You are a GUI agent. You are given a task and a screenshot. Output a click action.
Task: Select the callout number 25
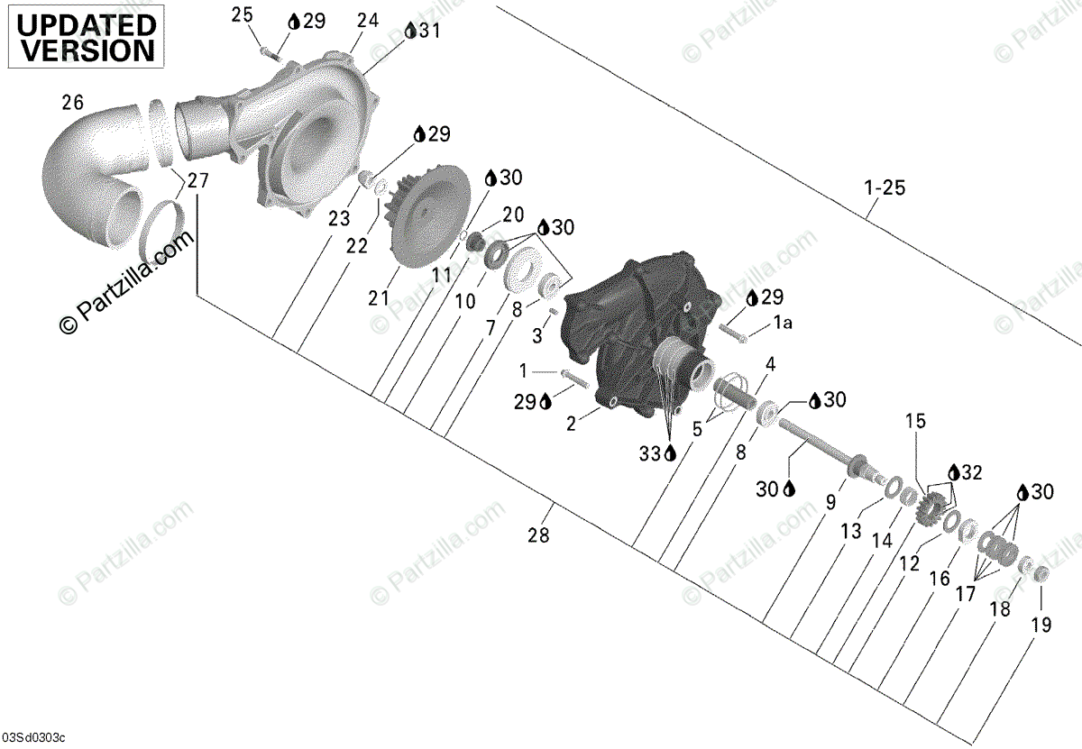click(243, 14)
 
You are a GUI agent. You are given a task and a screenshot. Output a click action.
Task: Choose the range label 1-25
click(884, 189)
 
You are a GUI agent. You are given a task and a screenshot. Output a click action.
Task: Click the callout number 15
click(915, 421)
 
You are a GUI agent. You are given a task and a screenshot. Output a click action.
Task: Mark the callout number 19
click(1041, 625)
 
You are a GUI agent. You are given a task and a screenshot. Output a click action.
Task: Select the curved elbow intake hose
click(90, 180)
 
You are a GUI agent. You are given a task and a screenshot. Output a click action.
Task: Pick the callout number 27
click(197, 180)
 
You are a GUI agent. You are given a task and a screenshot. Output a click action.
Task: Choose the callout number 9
click(830, 498)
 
